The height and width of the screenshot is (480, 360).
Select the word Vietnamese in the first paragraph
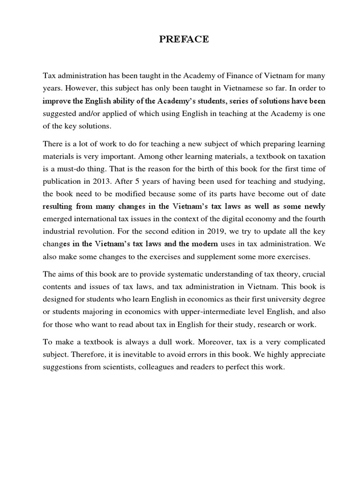(225, 88)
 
